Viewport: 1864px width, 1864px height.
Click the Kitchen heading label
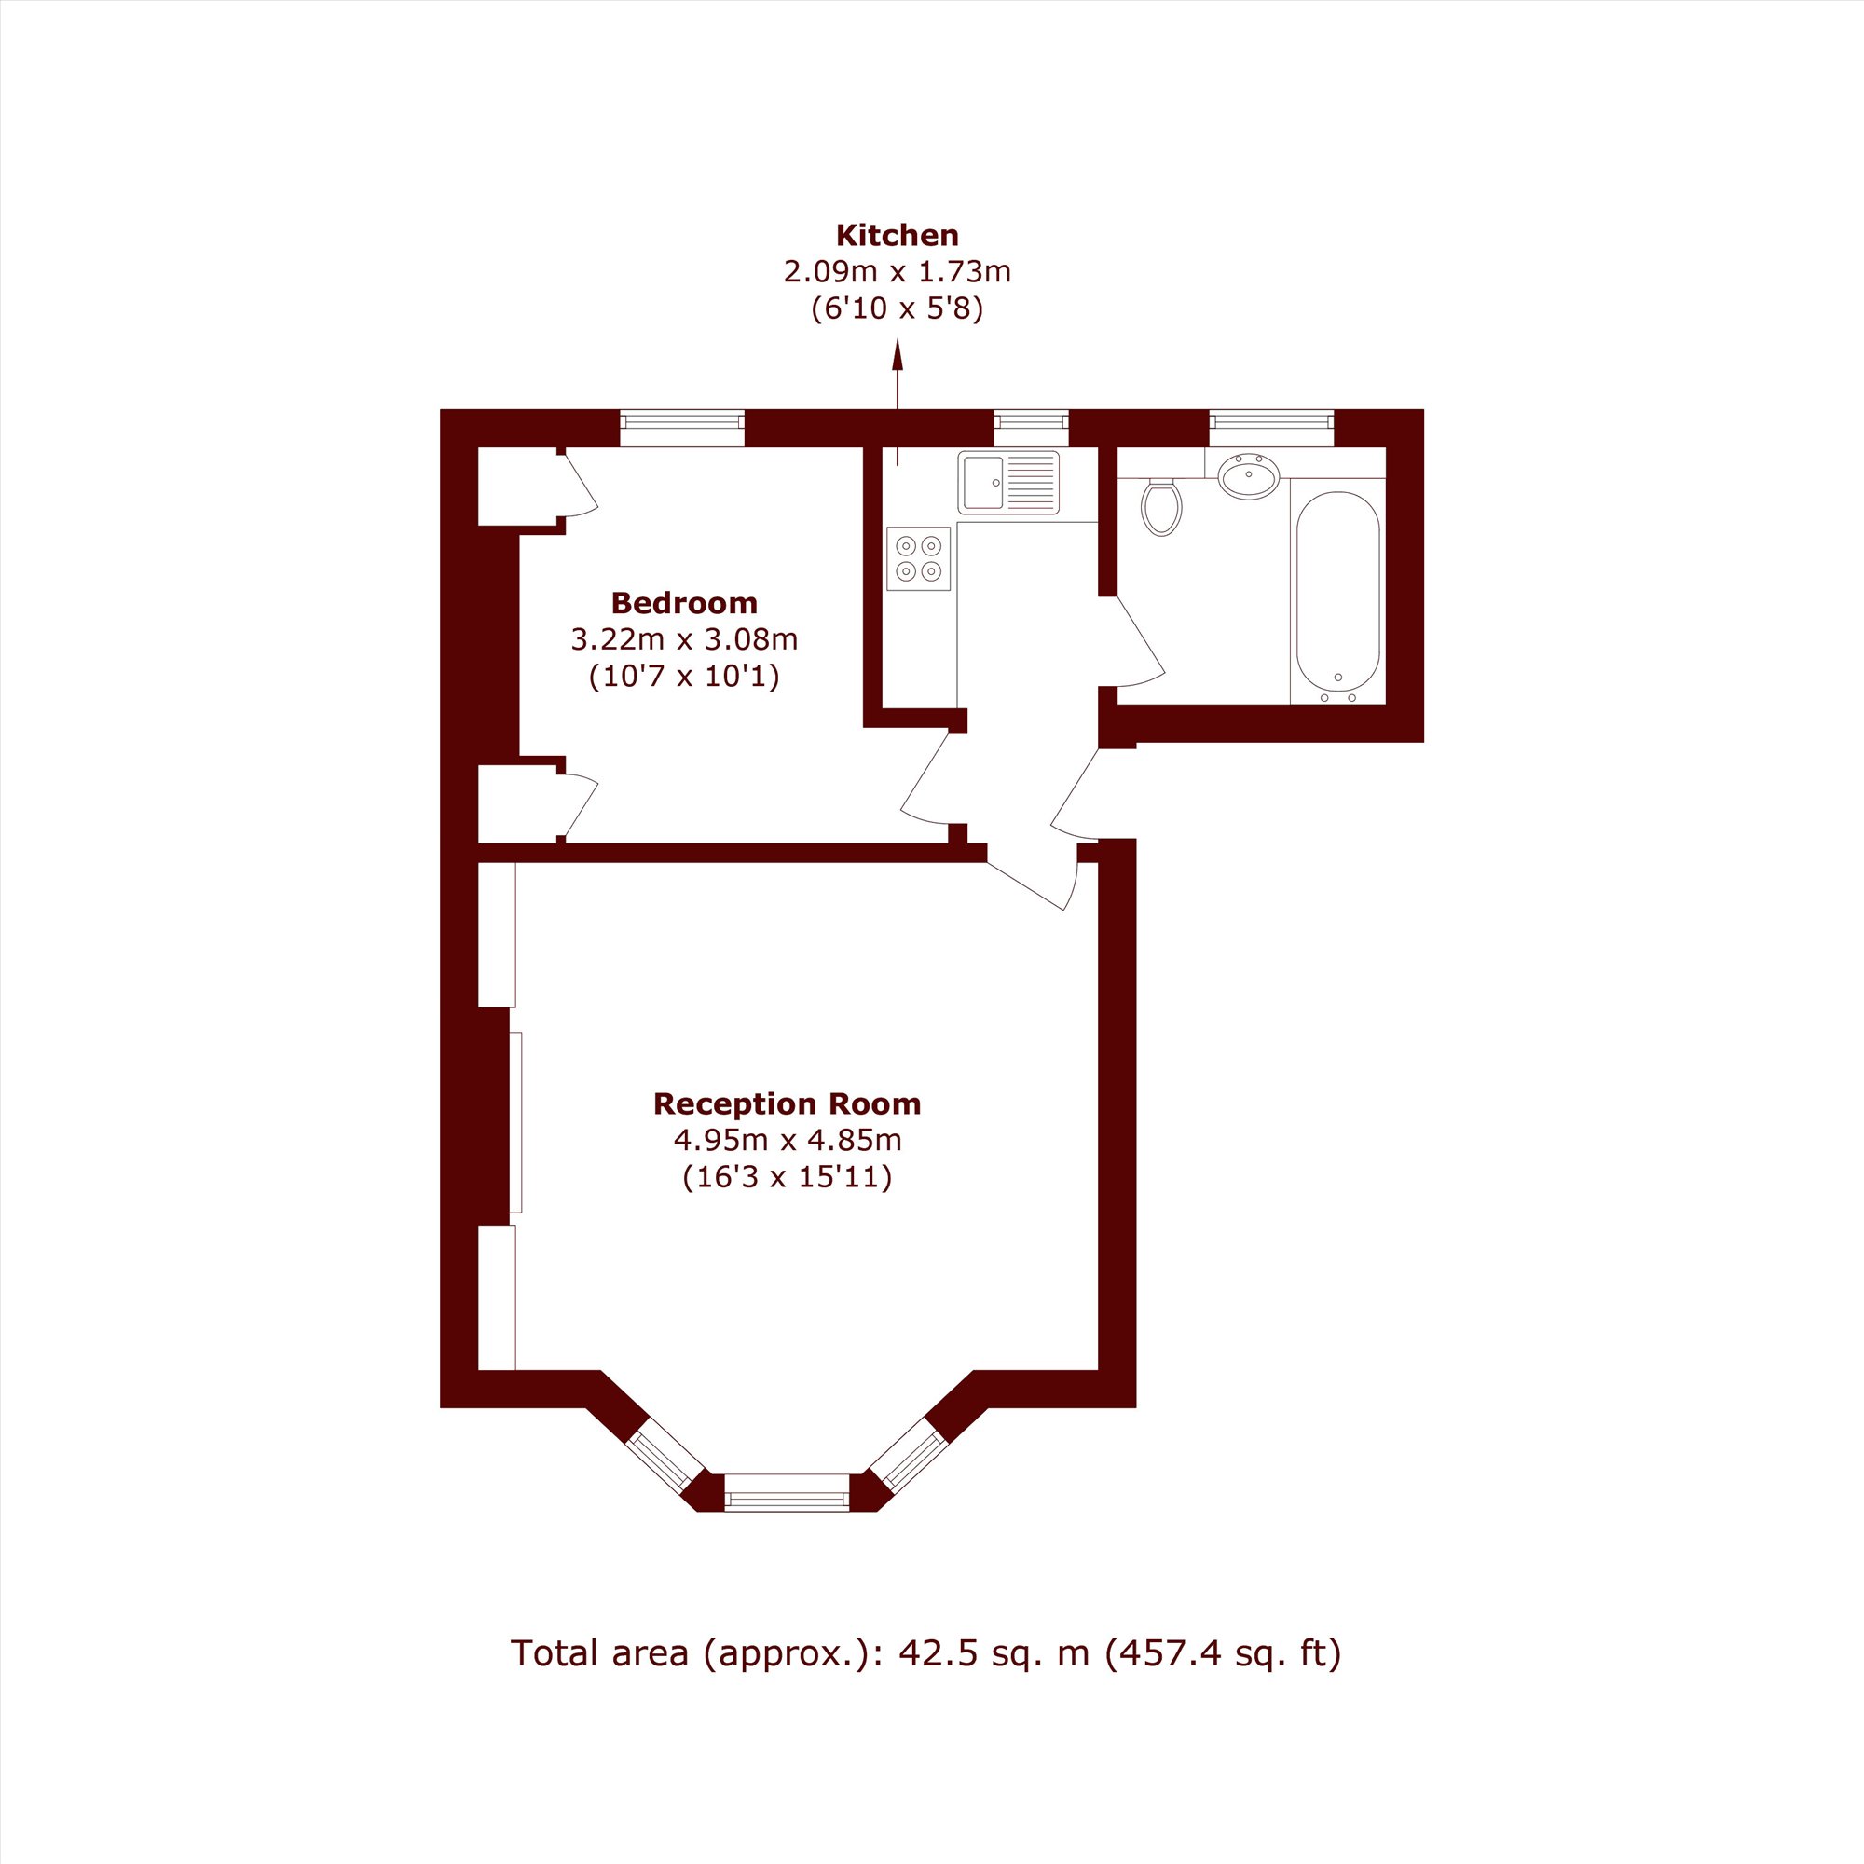898,236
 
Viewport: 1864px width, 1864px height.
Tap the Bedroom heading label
684,603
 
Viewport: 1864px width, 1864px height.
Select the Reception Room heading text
788,1103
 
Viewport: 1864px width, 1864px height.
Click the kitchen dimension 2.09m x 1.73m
898,272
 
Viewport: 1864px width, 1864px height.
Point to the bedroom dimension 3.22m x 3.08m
684,638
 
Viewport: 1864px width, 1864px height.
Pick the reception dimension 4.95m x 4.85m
788,1141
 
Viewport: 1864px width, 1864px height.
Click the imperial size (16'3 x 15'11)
788,1178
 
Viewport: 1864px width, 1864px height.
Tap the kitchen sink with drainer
1008,483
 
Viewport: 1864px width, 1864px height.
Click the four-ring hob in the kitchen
919,558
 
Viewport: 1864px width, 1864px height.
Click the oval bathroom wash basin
1249,475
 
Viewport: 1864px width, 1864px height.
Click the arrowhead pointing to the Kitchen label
898,356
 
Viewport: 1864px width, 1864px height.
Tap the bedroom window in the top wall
682,430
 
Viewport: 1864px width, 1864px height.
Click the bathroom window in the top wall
1271,430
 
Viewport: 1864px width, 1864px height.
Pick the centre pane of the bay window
788,1492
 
